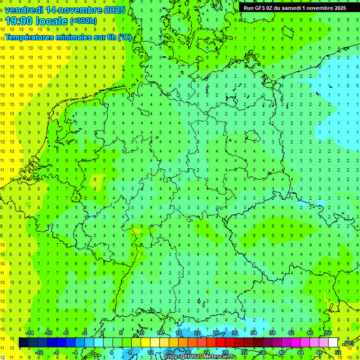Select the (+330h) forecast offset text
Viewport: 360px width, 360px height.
[83, 21]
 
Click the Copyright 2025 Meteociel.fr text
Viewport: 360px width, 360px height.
[200, 357]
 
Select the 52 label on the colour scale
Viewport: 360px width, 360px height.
[338, 352]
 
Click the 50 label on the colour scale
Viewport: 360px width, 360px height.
[329, 333]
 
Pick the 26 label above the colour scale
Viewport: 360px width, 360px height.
[216, 333]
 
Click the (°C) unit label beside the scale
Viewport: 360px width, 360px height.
[349, 343]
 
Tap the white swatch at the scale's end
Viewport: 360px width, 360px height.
[333, 343]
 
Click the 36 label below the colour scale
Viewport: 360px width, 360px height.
[263, 352]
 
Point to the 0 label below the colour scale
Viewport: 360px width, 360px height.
[93, 352]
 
